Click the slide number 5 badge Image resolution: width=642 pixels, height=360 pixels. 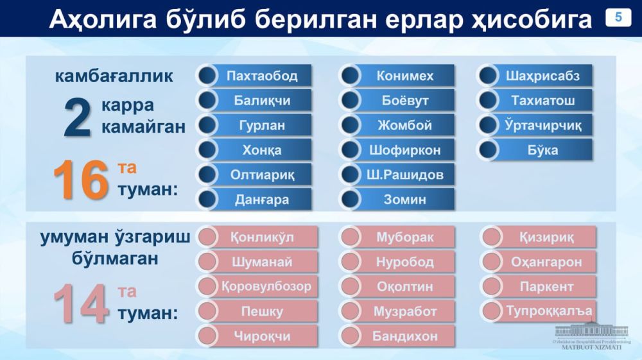click(x=618, y=17)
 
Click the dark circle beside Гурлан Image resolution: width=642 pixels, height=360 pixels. click(x=207, y=125)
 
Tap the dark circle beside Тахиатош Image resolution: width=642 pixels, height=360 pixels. click(x=488, y=101)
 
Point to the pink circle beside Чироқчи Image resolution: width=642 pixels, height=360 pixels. click(x=207, y=336)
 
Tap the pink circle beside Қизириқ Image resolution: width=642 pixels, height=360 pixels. click(x=491, y=237)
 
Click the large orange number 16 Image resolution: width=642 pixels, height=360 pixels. click(x=81, y=180)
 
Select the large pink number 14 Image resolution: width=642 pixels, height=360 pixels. click(x=81, y=304)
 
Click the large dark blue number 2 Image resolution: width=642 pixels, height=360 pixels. click(x=78, y=119)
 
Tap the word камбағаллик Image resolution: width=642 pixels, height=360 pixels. click(x=114, y=76)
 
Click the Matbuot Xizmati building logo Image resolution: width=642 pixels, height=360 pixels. click(x=591, y=336)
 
